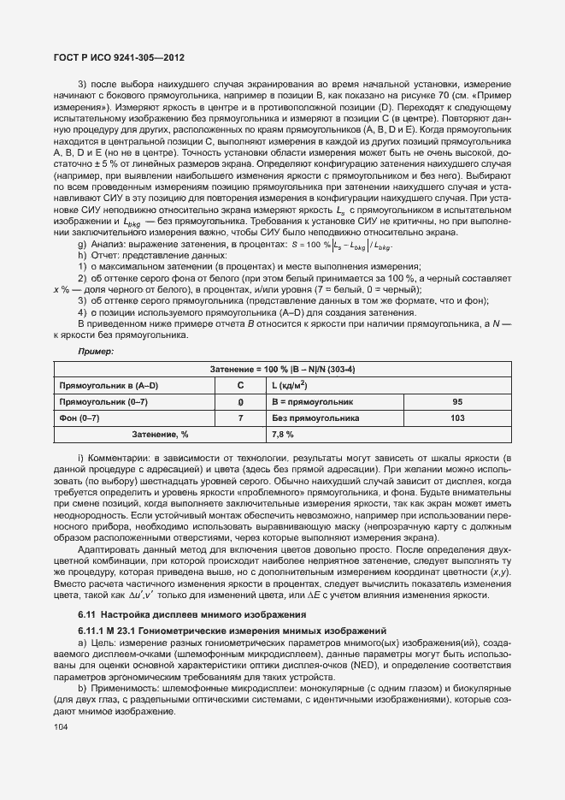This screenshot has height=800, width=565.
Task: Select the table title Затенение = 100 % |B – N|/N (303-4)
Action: (282, 369)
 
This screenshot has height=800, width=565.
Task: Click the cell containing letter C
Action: (240, 385)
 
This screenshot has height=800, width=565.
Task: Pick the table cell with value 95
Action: (457, 401)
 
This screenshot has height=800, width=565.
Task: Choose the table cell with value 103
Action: (457, 418)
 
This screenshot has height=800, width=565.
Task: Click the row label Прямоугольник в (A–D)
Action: (109, 385)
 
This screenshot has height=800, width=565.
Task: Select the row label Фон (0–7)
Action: (79, 418)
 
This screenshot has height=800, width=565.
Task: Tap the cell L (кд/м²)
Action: (290, 385)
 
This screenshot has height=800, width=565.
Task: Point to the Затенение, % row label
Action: (160, 435)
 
